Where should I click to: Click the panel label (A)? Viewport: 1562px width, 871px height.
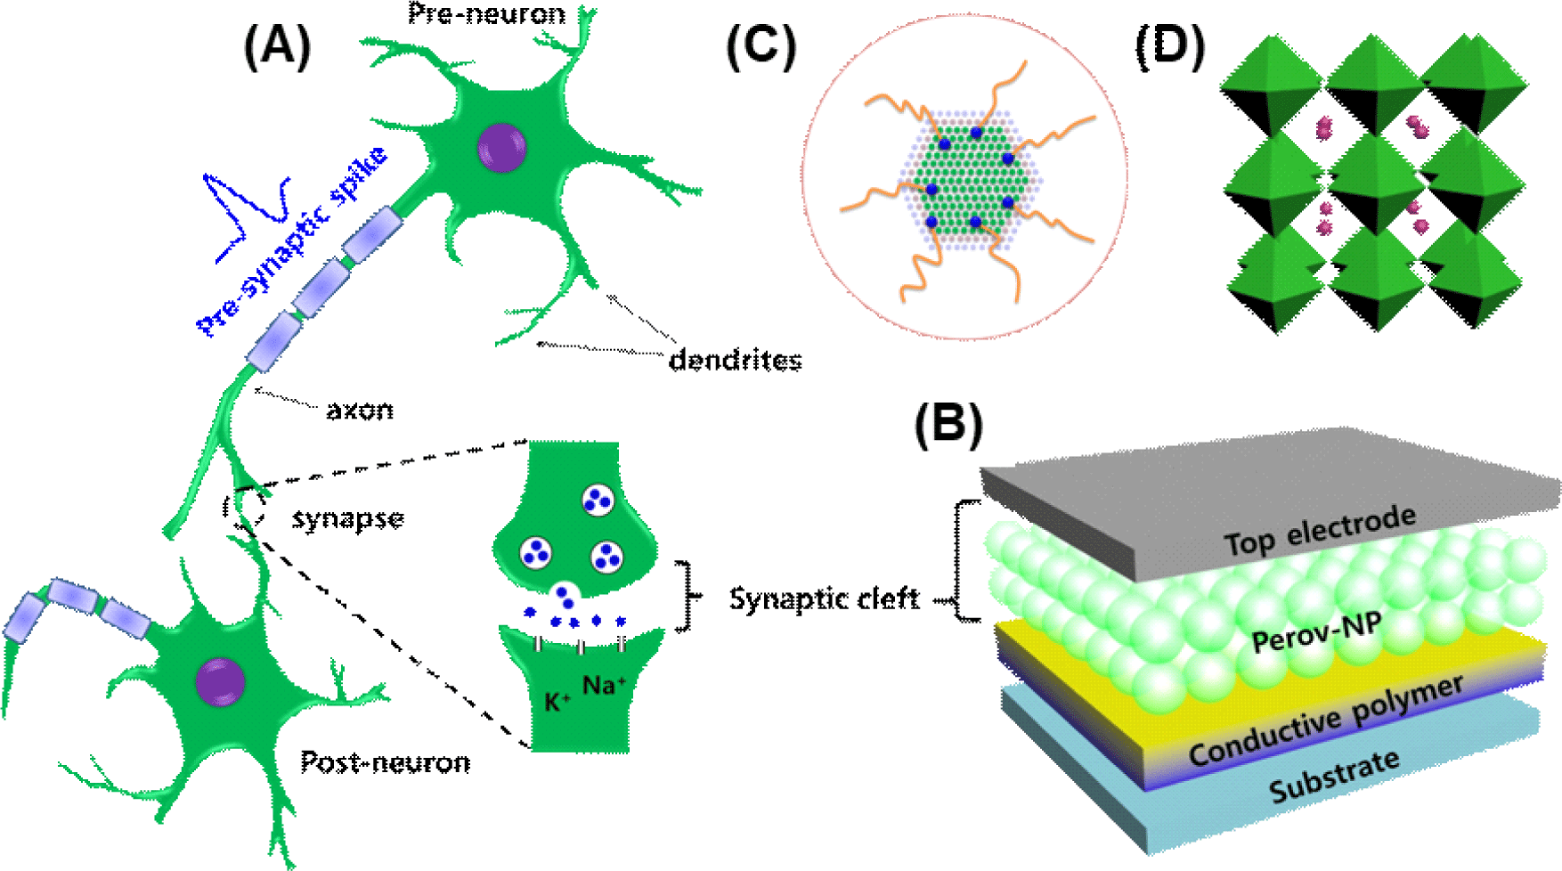click(278, 47)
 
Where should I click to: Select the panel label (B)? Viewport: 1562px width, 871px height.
click(948, 425)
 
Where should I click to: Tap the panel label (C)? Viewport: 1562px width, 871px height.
click(761, 47)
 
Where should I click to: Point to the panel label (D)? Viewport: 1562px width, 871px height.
click(1170, 47)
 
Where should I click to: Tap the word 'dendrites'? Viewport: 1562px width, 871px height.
click(735, 360)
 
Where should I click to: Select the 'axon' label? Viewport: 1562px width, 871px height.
click(359, 410)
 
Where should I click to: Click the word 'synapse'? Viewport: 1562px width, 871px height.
click(348, 518)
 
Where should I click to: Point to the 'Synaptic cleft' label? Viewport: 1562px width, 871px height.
click(824, 598)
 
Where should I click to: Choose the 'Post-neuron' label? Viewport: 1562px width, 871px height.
click(385, 762)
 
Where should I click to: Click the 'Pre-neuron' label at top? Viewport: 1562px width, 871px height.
click(486, 13)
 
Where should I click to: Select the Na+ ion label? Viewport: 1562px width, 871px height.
click(604, 685)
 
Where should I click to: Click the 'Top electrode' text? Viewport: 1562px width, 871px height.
click(1320, 530)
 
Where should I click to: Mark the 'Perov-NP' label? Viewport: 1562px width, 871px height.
click(1317, 632)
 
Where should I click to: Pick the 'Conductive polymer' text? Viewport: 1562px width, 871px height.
click(1326, 720)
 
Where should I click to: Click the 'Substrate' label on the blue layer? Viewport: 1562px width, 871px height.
click(1334, 776)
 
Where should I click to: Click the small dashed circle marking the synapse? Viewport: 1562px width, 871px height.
click(245, 506)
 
